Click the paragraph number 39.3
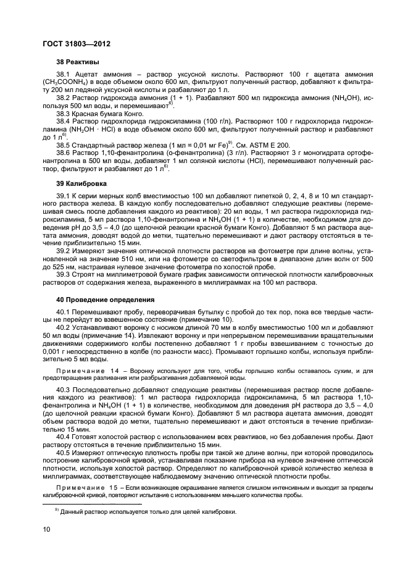point(64,274)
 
